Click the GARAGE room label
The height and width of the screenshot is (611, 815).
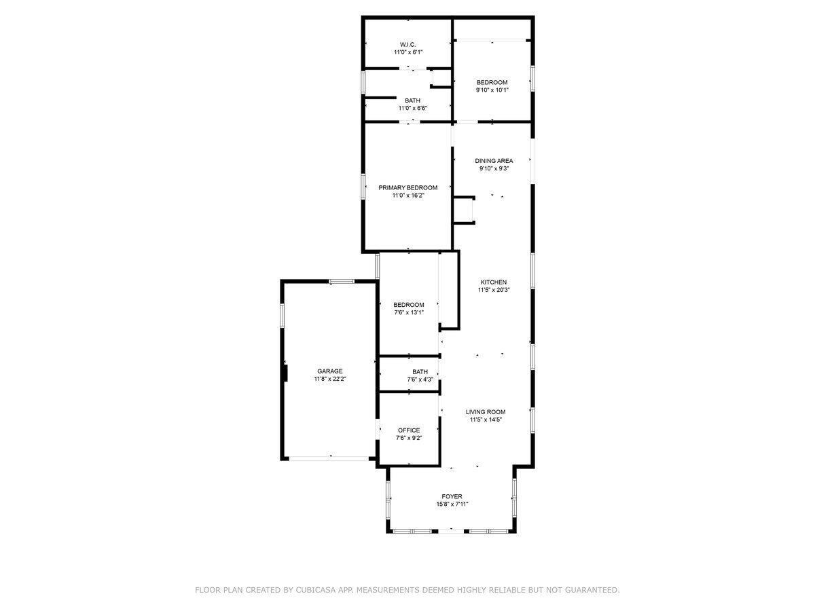[x=329, y=371]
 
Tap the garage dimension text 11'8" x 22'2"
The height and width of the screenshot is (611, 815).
[x=329, y=379]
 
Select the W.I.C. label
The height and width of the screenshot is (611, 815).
[x=407, y=44]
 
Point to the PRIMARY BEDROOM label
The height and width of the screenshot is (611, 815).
[x=407, y=187]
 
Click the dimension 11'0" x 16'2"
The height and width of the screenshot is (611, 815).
[x=407, y=196]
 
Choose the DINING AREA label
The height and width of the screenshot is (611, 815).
[x=494, y=161]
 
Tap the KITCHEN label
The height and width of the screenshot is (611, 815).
[x=494, y=282]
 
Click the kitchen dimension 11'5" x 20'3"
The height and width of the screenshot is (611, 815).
[x=494, y=290]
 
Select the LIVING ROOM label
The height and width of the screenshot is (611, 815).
[x=486, y=411]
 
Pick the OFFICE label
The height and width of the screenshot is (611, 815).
[x=408, y=430]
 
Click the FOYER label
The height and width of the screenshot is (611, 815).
[x=452, y=496]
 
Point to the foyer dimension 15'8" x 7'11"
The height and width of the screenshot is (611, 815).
[x=452, y=504]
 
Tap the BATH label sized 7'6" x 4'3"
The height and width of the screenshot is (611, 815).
[x=420, y=371]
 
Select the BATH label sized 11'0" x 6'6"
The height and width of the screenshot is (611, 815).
[x=412, y=100]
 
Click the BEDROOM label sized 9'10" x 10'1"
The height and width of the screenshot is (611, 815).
[x=492, y=82]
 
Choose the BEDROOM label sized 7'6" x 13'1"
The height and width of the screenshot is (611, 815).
[x=408, y=304]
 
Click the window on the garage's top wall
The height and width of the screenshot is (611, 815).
[x=342, y=281]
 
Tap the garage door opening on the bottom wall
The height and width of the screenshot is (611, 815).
[x=329, y=459]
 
